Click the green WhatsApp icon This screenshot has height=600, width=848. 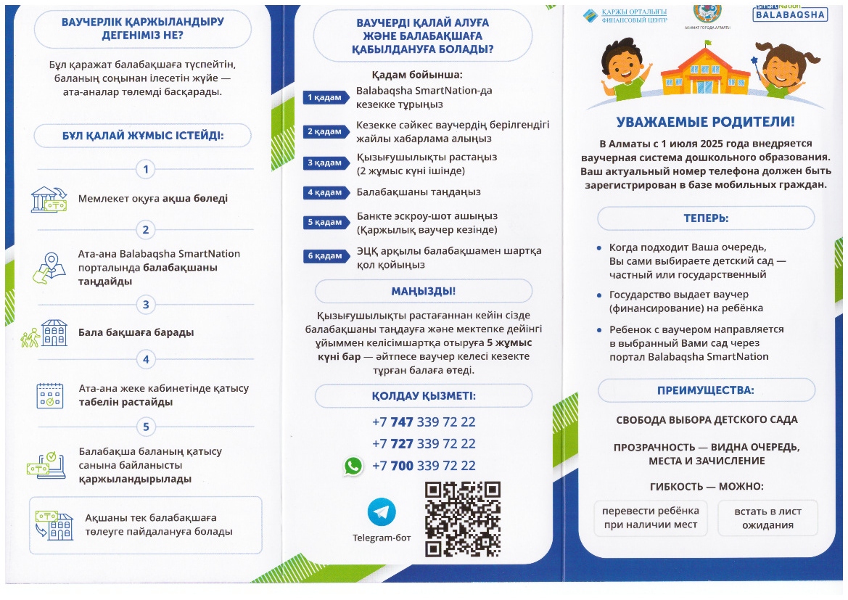pos(353,466)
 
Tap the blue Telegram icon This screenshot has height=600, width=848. pos(382,511)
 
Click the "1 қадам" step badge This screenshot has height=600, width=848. pos(324,97)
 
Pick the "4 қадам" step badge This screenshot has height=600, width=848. pos(324,192)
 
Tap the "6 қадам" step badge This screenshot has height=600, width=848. pos(324,256)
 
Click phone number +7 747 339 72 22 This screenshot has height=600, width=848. pos(424,422)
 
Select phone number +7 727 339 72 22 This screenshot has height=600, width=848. pos(424,444)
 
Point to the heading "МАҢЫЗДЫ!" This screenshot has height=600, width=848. pos(423,291)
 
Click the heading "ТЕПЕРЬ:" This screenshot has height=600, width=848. pos(705,218)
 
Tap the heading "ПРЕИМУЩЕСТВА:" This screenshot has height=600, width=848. pos(705,390)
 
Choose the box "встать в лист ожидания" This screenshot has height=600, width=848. pos(767,518)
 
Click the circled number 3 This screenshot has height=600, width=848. pos(146,305)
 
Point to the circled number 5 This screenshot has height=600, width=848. pos(146,427)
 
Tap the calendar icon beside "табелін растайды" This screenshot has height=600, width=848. pos(50,395)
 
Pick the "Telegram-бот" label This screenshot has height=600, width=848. pos(382,538)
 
